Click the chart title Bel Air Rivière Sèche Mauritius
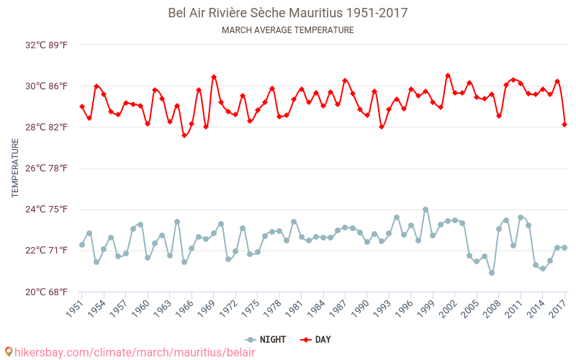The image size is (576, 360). [287, 13]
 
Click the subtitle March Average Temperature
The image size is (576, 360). [287, 30]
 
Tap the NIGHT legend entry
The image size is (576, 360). [266, 339]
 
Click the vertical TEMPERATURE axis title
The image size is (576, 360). [15, 168]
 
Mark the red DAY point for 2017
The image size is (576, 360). [564, 125]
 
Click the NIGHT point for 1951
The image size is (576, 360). [82, 245]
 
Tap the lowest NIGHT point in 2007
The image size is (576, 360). [492, 273]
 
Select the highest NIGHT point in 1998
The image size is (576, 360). [426, 210]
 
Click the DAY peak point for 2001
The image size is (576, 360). [448, 76]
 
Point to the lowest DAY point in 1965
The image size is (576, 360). [184, 135]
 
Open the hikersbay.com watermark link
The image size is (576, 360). [130, 351]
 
